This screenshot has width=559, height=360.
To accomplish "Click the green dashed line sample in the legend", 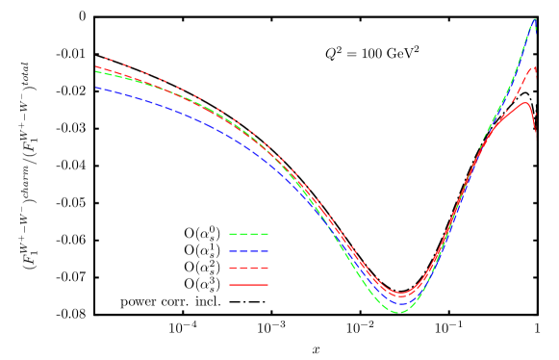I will pos(248,234).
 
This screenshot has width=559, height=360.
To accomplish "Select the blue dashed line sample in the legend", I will pos(248,250).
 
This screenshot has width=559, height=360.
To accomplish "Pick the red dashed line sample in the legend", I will pos(248,268).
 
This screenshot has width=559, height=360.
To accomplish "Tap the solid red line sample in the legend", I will pos(248,285).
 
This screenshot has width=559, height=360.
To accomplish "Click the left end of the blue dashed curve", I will pos(96,88).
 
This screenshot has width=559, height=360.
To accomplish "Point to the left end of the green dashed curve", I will pos(96,71).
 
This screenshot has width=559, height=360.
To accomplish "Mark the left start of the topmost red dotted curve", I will pos(104,57).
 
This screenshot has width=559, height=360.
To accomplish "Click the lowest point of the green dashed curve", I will pos(399,313).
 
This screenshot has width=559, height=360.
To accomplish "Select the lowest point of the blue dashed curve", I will pos(400,304).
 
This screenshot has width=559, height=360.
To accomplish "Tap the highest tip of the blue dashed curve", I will pos(535,18).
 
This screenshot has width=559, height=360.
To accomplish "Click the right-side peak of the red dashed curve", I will pos(534,66).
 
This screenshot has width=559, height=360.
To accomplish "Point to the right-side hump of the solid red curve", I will pos(525,102).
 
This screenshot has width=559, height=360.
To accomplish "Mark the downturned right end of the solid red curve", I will pos(536,135).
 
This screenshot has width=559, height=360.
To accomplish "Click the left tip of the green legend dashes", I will pos(229,234).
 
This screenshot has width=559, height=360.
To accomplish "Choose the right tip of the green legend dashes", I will pos(267,234).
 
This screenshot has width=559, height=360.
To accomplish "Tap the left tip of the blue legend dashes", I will pos(229,250).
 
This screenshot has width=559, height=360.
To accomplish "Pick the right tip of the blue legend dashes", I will pos(267,250).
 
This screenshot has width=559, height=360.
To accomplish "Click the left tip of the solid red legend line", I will pos(229,285).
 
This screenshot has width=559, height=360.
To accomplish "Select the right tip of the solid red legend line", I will pos(267,285).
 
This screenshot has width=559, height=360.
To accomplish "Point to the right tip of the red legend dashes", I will pos(267,268).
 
